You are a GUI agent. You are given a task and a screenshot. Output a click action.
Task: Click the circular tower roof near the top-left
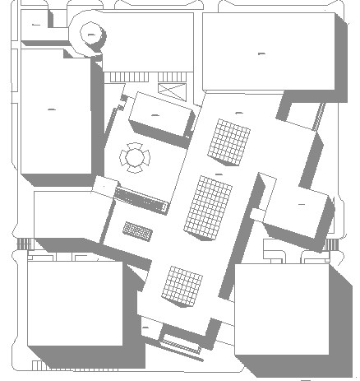tap(92, 33)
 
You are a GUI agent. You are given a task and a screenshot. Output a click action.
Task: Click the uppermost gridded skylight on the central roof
tap(228, 141)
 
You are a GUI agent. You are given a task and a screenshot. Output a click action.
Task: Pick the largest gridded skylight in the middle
tap(211, 207)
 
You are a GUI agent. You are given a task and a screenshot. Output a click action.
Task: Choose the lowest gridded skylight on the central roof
tap(182, 286)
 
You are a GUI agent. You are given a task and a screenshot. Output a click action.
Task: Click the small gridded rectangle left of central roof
tap(138, 230)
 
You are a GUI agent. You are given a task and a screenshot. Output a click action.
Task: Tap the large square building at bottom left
tap(74, 303)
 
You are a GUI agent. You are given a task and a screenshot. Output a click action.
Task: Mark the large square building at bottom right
tap(282, 309)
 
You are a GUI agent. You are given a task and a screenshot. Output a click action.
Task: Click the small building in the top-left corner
tap(35, 26)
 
